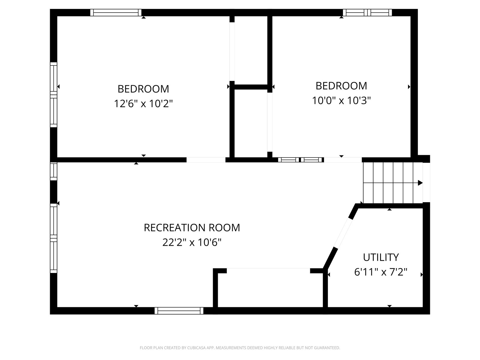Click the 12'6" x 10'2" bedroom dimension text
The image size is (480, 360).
click(x=143, y=103)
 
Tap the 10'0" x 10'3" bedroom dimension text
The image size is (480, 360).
click(x=341, y=100)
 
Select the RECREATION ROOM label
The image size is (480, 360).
click(x=192, y=227)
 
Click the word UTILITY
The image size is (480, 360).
click(x=381, y=257)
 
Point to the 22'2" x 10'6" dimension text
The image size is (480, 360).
click(x=192, y=242)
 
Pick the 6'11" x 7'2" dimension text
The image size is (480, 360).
click(x=381, y=272)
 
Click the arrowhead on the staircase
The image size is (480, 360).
click(x=420, y=183)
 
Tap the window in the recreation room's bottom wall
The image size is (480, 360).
click(x=179, y=310)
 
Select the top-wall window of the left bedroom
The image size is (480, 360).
click(x=116, y=13)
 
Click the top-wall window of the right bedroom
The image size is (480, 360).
click(x=367, y=13)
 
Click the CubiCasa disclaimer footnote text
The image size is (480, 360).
click(x=240, y=348)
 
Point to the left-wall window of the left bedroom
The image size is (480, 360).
click(x=54, y=95)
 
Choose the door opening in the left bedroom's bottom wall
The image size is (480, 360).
click(x=206, y=160)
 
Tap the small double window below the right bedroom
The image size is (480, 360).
click(x=301, y=160)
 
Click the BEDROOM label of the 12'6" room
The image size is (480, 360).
click(x=143, y=89)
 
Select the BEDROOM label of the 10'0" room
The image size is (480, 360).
click(x=341, y=86)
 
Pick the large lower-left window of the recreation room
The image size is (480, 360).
click(x=54, y=238)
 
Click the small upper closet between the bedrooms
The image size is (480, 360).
click(x=251, y=50)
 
